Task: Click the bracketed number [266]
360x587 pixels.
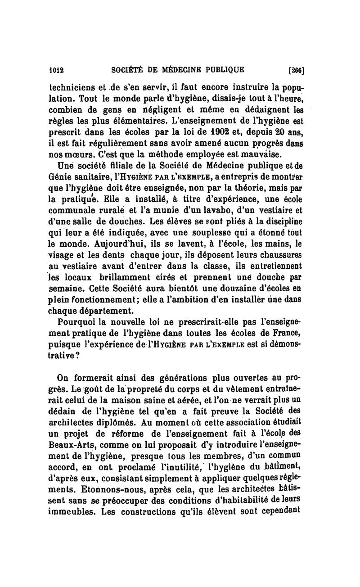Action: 296,70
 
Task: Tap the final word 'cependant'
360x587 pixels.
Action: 279,511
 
